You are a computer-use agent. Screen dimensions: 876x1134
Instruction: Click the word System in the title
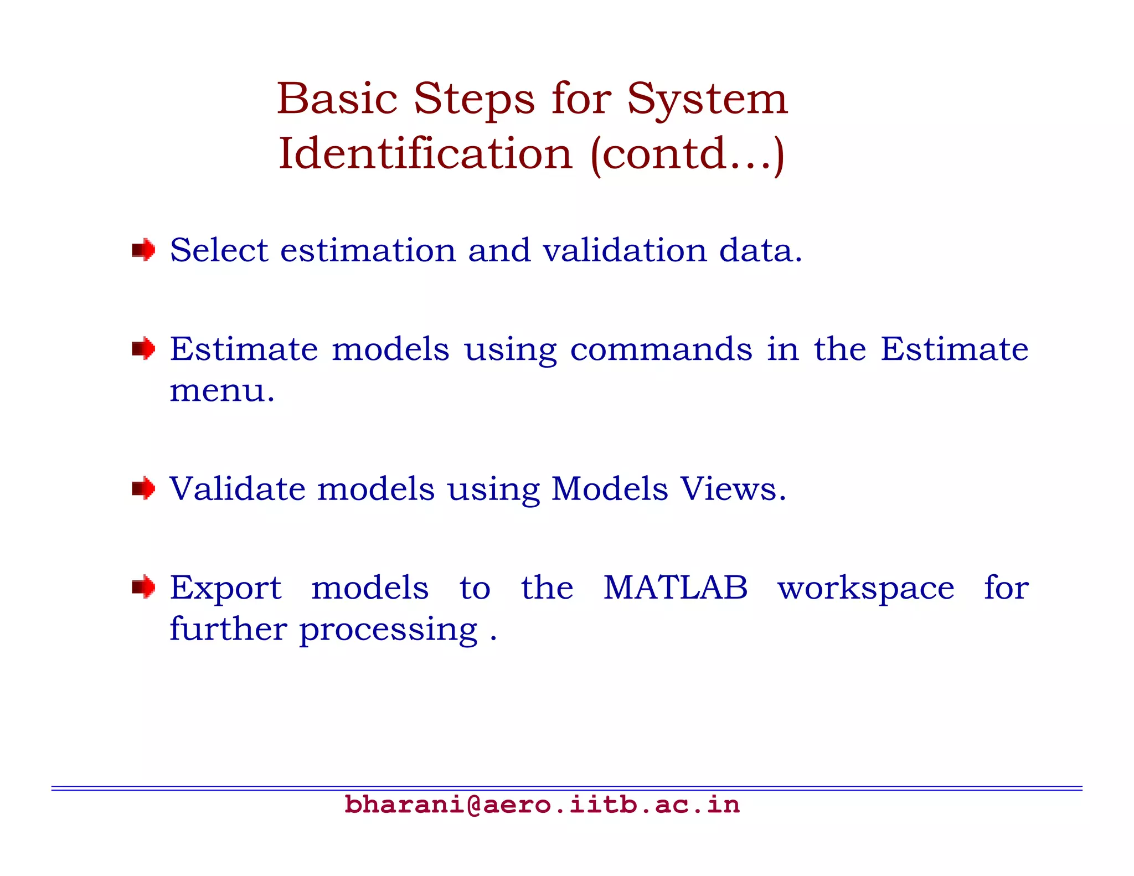(707, 100)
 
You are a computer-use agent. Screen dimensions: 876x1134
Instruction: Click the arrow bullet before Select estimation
(143, 250)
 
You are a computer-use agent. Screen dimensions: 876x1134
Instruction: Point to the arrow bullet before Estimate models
(143, 349)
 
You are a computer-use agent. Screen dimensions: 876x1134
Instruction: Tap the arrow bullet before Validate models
(143, 488)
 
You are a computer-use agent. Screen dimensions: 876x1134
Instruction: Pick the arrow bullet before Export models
(143, 587)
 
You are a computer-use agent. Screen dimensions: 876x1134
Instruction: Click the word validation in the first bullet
(625, 250)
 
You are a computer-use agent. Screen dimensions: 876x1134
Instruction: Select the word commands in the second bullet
(661, 350)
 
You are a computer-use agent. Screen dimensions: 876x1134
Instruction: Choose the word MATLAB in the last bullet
(675, 588)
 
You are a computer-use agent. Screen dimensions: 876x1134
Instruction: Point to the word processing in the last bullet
(388, 631)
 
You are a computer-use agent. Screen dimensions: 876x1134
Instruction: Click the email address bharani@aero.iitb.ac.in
(542, 805)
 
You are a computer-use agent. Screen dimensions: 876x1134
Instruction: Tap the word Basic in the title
(337, 100)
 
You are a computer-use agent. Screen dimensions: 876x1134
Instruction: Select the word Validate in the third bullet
(238, 489)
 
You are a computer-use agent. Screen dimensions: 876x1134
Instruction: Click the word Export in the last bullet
(226, 589)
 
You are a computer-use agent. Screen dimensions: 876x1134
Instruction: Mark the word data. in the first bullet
(760, 250)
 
